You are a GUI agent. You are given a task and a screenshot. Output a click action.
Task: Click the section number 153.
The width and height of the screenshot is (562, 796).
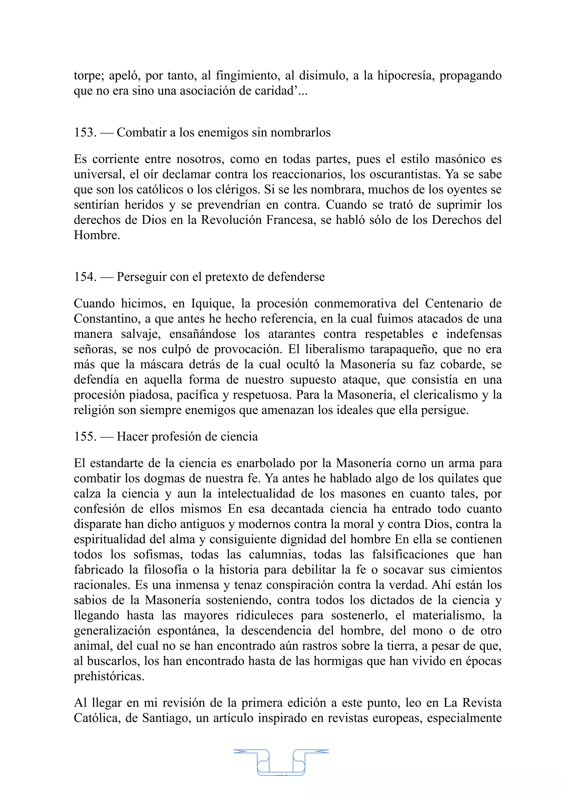(85, 132)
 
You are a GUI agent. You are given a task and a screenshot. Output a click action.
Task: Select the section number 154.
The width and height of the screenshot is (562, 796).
(85, 277)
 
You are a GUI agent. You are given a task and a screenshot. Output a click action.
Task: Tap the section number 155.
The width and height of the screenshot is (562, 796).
(85, 436)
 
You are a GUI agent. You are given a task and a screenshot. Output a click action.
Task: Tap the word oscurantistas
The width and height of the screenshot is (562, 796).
(404, 174)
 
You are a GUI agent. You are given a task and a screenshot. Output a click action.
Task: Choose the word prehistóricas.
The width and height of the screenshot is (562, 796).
(109, 677)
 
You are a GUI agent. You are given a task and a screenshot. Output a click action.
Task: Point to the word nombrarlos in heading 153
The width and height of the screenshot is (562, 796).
(300, 132)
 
